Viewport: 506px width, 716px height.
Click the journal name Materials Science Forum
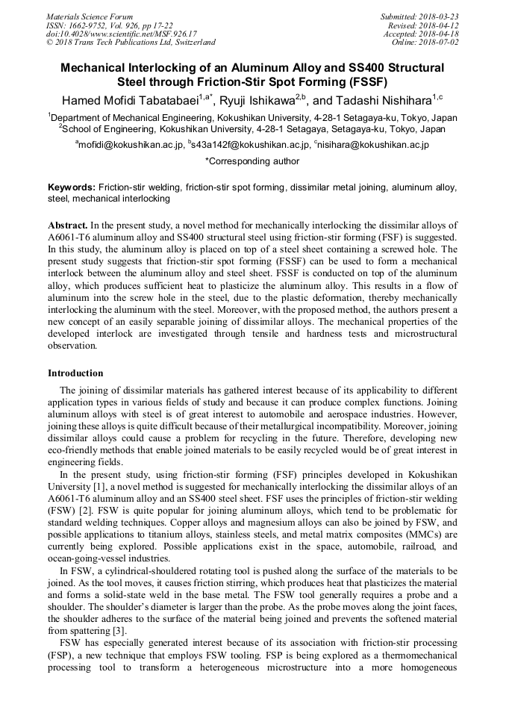pos(90,16)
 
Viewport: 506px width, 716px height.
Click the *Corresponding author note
pos(252,161)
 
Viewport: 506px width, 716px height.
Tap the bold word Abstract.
pos(68,225)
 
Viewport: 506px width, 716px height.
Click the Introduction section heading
pos(75,373)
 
